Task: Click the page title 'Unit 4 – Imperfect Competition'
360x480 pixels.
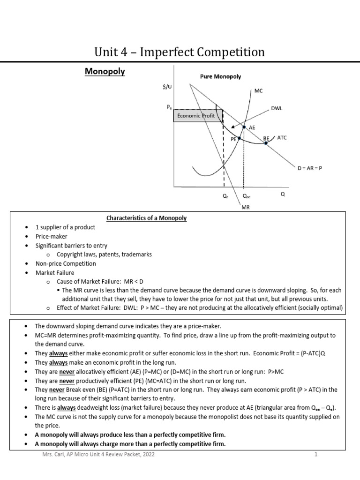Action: pos(180,52)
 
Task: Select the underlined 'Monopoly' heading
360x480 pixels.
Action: pos(105,72)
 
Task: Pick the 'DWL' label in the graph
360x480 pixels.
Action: pos(276,108)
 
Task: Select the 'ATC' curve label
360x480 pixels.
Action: pos(282,138)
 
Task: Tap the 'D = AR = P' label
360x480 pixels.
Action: pos(309,168)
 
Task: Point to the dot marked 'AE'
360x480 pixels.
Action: pos(244,127)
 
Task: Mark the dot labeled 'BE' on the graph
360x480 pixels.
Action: pos(266,143)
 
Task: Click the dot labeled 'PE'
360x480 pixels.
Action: pos(240,138)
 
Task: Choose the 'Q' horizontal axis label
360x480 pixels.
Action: pos(282,194)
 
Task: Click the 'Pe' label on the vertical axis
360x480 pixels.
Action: pos(169,107)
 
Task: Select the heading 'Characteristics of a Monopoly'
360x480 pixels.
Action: pos(146,218)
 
